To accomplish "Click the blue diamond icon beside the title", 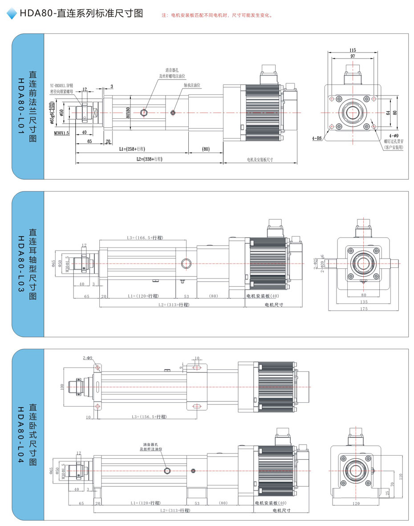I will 12,14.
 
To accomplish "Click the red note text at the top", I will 217,15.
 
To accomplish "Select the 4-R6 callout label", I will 317,138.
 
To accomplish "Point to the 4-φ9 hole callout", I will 393,135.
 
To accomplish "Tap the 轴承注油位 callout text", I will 192,85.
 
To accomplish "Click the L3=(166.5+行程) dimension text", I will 145,238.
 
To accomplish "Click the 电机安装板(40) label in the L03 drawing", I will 263,296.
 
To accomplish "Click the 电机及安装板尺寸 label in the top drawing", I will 260,159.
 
